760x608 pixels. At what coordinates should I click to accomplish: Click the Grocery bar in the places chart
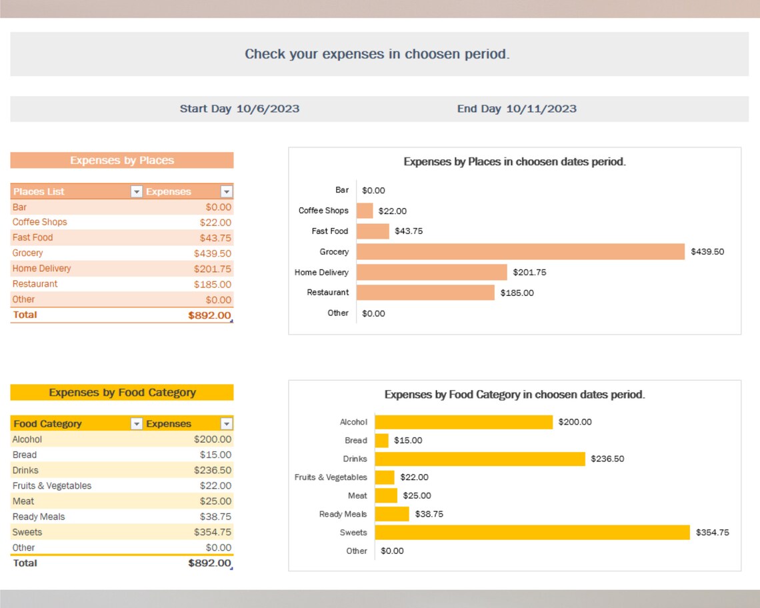click(x=520, y=251)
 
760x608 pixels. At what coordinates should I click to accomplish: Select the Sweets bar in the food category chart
click(x=532, y=532)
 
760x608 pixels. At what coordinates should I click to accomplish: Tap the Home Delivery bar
click(x=431, y=272)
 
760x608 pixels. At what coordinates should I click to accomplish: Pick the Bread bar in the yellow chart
click(x=381, y=441)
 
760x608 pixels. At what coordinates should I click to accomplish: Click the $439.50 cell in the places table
click(x=212, y=253)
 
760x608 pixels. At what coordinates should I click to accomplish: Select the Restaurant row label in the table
click(x=35, y=284)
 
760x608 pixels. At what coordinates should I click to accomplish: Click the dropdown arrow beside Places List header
click(x=136, y=192)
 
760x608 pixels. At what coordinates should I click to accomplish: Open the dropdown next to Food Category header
click(x=136, y=424)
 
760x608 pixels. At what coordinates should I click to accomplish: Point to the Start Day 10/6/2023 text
click(x=239, y=109)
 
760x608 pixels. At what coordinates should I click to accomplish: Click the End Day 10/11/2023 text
click(x=517, y=109)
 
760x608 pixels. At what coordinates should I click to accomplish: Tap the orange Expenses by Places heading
click(x=121, y=161)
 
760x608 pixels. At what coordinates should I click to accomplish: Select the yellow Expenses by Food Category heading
click(x=121, y=393)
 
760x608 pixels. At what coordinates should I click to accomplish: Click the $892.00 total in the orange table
click(x=209, y=315)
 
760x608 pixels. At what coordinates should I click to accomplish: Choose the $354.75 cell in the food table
click(x=212, y=532)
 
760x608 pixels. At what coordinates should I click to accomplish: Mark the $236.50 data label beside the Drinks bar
click(x=607, y=459)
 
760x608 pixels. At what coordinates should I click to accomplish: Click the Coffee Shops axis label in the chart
click(x=323, y=211)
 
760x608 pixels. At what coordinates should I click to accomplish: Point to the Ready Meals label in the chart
click(x=343, y=514)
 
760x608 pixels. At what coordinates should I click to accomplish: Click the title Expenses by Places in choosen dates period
click(x=514, y=161)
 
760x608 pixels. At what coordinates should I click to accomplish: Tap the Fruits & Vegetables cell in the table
click(x=52, y=486)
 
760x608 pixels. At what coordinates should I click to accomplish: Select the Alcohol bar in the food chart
click(x=463, y=422)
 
